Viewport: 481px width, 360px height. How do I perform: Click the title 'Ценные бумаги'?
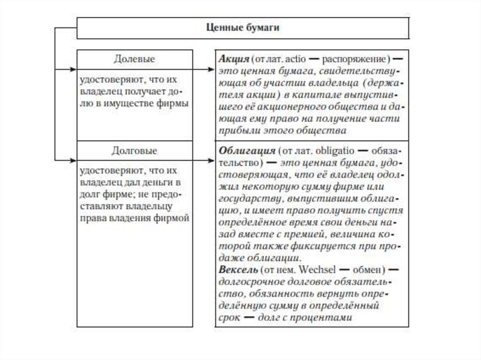click(243, 28)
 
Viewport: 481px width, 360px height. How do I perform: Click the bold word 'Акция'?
click(233, 60)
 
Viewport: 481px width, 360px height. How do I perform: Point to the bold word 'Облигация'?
click(247, 152)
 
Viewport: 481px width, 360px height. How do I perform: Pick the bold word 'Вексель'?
click(238, 271)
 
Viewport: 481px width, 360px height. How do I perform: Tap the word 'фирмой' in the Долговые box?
click(174, 218)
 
